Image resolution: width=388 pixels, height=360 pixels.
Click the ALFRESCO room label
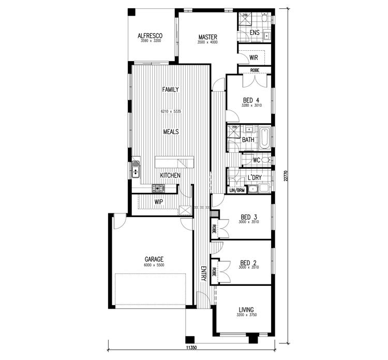150,36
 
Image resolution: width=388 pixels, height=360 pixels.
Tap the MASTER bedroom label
207,37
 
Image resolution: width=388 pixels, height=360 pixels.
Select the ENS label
254,33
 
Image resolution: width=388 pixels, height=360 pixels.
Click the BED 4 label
250,100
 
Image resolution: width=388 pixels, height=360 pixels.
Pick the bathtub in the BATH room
264,137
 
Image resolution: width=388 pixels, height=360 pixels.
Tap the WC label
256,160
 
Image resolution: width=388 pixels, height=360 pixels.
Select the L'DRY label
254,178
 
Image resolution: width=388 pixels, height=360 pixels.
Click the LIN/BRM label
236,191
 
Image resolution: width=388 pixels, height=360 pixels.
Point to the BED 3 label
249,217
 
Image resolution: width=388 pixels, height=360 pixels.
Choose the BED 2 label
249,262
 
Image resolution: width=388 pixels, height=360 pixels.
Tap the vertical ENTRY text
203,273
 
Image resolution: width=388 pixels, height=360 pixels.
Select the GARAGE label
154,259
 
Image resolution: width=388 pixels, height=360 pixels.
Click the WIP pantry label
158,201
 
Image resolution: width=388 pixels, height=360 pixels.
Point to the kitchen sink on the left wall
136,168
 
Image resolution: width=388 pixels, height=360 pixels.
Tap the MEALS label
170,132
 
